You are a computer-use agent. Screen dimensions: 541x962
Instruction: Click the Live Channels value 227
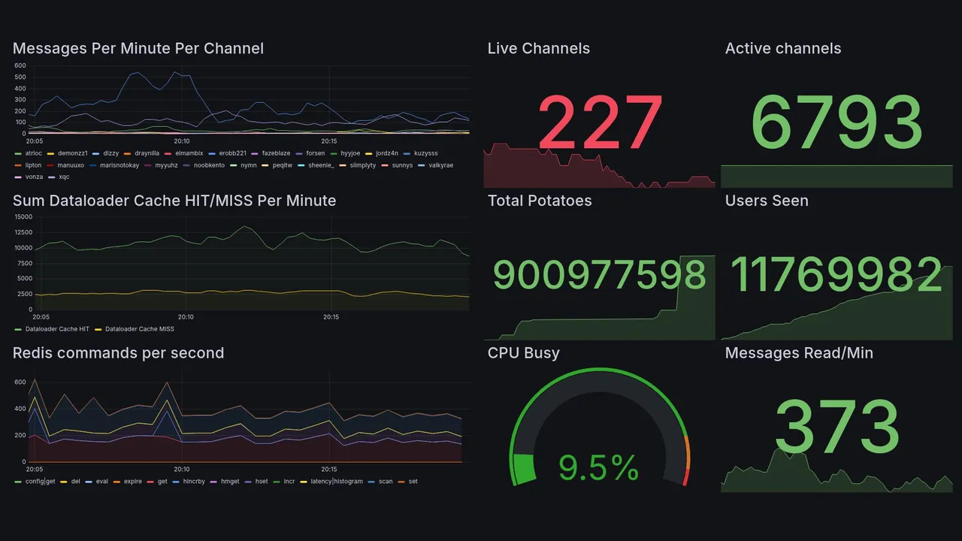click(600, 122)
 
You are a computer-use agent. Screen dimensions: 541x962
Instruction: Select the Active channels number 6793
click(836, 122)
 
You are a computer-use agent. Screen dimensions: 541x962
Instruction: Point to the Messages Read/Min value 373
click(836, 427)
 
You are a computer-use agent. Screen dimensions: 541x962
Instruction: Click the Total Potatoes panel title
click(540, 201)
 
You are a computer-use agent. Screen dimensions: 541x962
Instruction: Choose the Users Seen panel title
click(767, 201)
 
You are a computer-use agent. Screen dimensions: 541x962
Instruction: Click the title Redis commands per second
click(118, 353)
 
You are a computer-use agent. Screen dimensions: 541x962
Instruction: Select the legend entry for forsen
click(315, 153)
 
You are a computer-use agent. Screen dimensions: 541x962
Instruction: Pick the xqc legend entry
click(63, 177)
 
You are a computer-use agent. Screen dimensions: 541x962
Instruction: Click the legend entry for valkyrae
click(440, 165)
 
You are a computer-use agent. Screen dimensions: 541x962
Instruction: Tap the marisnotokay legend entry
click(120, 165)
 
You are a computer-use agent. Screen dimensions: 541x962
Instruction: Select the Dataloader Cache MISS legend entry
click(139, 329)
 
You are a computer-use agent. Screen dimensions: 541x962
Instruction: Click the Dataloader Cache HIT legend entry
click(56, 329)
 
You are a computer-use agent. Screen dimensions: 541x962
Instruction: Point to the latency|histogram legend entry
click(336, 482)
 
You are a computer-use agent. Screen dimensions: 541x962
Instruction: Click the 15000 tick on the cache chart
click(23, 217)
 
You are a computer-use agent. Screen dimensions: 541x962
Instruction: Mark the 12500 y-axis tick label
click(23, 233)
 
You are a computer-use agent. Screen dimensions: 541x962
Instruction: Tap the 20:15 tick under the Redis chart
click(328, 469)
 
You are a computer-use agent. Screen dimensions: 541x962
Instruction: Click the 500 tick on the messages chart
click(20, 77)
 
